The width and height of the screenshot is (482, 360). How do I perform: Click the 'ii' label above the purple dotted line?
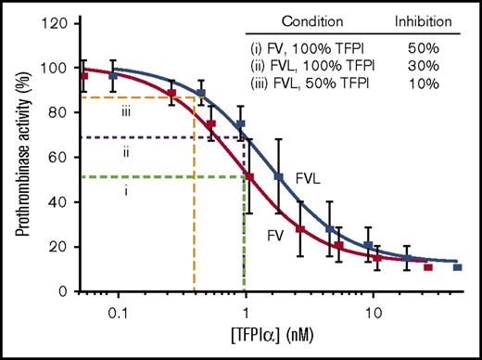coord(125,148)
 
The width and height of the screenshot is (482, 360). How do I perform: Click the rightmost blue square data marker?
coord(457,267)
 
